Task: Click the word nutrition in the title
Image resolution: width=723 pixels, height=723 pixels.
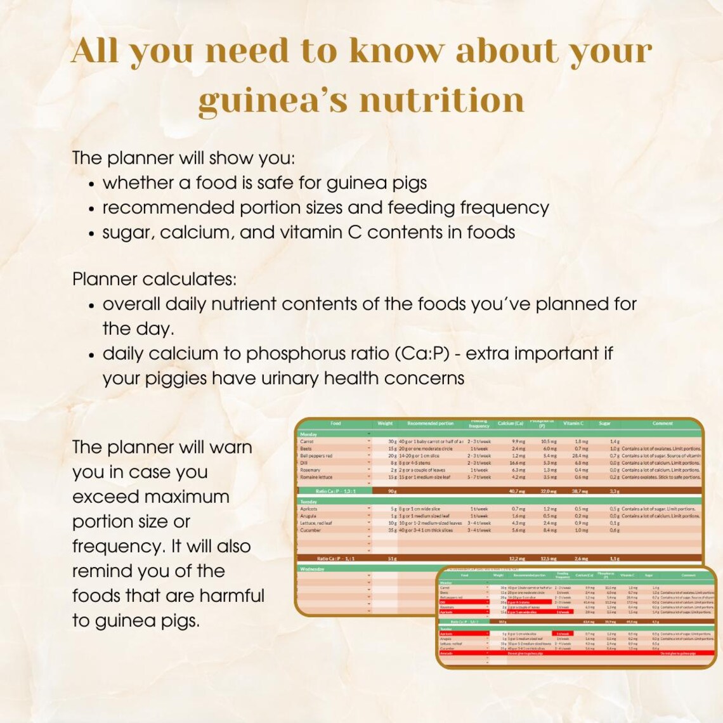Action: point(443,100)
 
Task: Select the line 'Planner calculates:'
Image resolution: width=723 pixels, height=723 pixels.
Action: point(155,279)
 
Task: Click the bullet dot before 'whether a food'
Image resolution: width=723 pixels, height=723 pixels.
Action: point(92,185)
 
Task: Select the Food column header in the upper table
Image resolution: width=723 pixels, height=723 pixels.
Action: point(335,424)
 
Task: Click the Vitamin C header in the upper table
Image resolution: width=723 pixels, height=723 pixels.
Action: point(573,424)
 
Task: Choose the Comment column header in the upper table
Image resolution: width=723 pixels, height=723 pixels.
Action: point(662,424)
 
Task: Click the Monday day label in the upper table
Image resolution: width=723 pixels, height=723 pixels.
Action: point(308,434)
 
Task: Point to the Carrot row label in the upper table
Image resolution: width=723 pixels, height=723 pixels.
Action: point(307,441)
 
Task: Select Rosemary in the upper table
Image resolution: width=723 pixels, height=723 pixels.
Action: point(310,470)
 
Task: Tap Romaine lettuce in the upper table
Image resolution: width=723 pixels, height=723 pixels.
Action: point(316,477)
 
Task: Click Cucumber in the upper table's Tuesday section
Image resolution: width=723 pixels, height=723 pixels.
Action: point(311,530)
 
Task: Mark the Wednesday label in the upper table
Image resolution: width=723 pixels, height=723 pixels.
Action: point(312,569)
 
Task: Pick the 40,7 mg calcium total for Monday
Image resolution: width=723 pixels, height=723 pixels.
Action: point(518,491)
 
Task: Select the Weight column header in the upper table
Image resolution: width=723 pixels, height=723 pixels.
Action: point(385,424)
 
